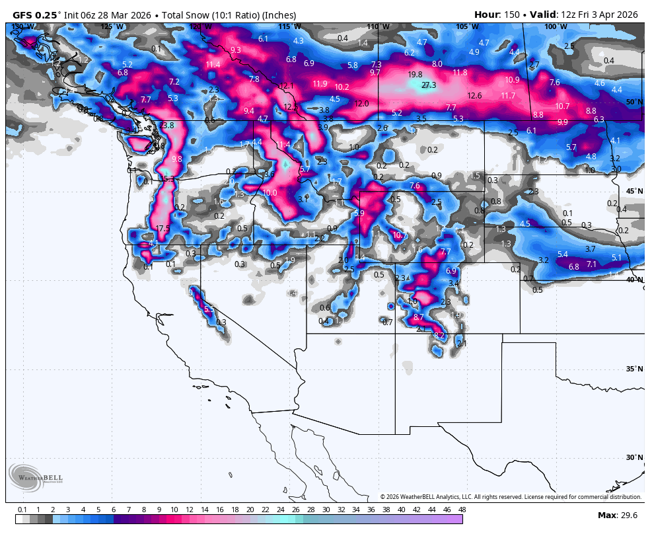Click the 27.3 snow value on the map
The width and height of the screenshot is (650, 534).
coord(429,85)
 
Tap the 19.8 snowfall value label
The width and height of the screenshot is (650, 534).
coord(415,75)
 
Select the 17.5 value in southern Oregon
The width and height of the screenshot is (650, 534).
coord(162,229)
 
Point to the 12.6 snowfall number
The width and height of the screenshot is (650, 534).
coord(474,96)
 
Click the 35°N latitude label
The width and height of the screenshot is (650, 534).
coord(635,369)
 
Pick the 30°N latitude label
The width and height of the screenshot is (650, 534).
coord(635,457)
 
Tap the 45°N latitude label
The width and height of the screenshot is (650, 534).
coord(635,191)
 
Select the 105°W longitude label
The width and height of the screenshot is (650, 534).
coord(466,26)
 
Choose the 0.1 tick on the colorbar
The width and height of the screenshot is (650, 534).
coord(22,510)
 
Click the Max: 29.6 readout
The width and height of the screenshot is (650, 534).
coord(617,515)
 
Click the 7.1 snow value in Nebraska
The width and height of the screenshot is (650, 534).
coord(592,264)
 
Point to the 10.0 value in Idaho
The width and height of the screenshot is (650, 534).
coord(270,193)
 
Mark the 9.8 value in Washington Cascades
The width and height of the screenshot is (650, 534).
coord(176,159)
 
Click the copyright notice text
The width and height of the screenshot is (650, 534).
coord(511,497)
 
